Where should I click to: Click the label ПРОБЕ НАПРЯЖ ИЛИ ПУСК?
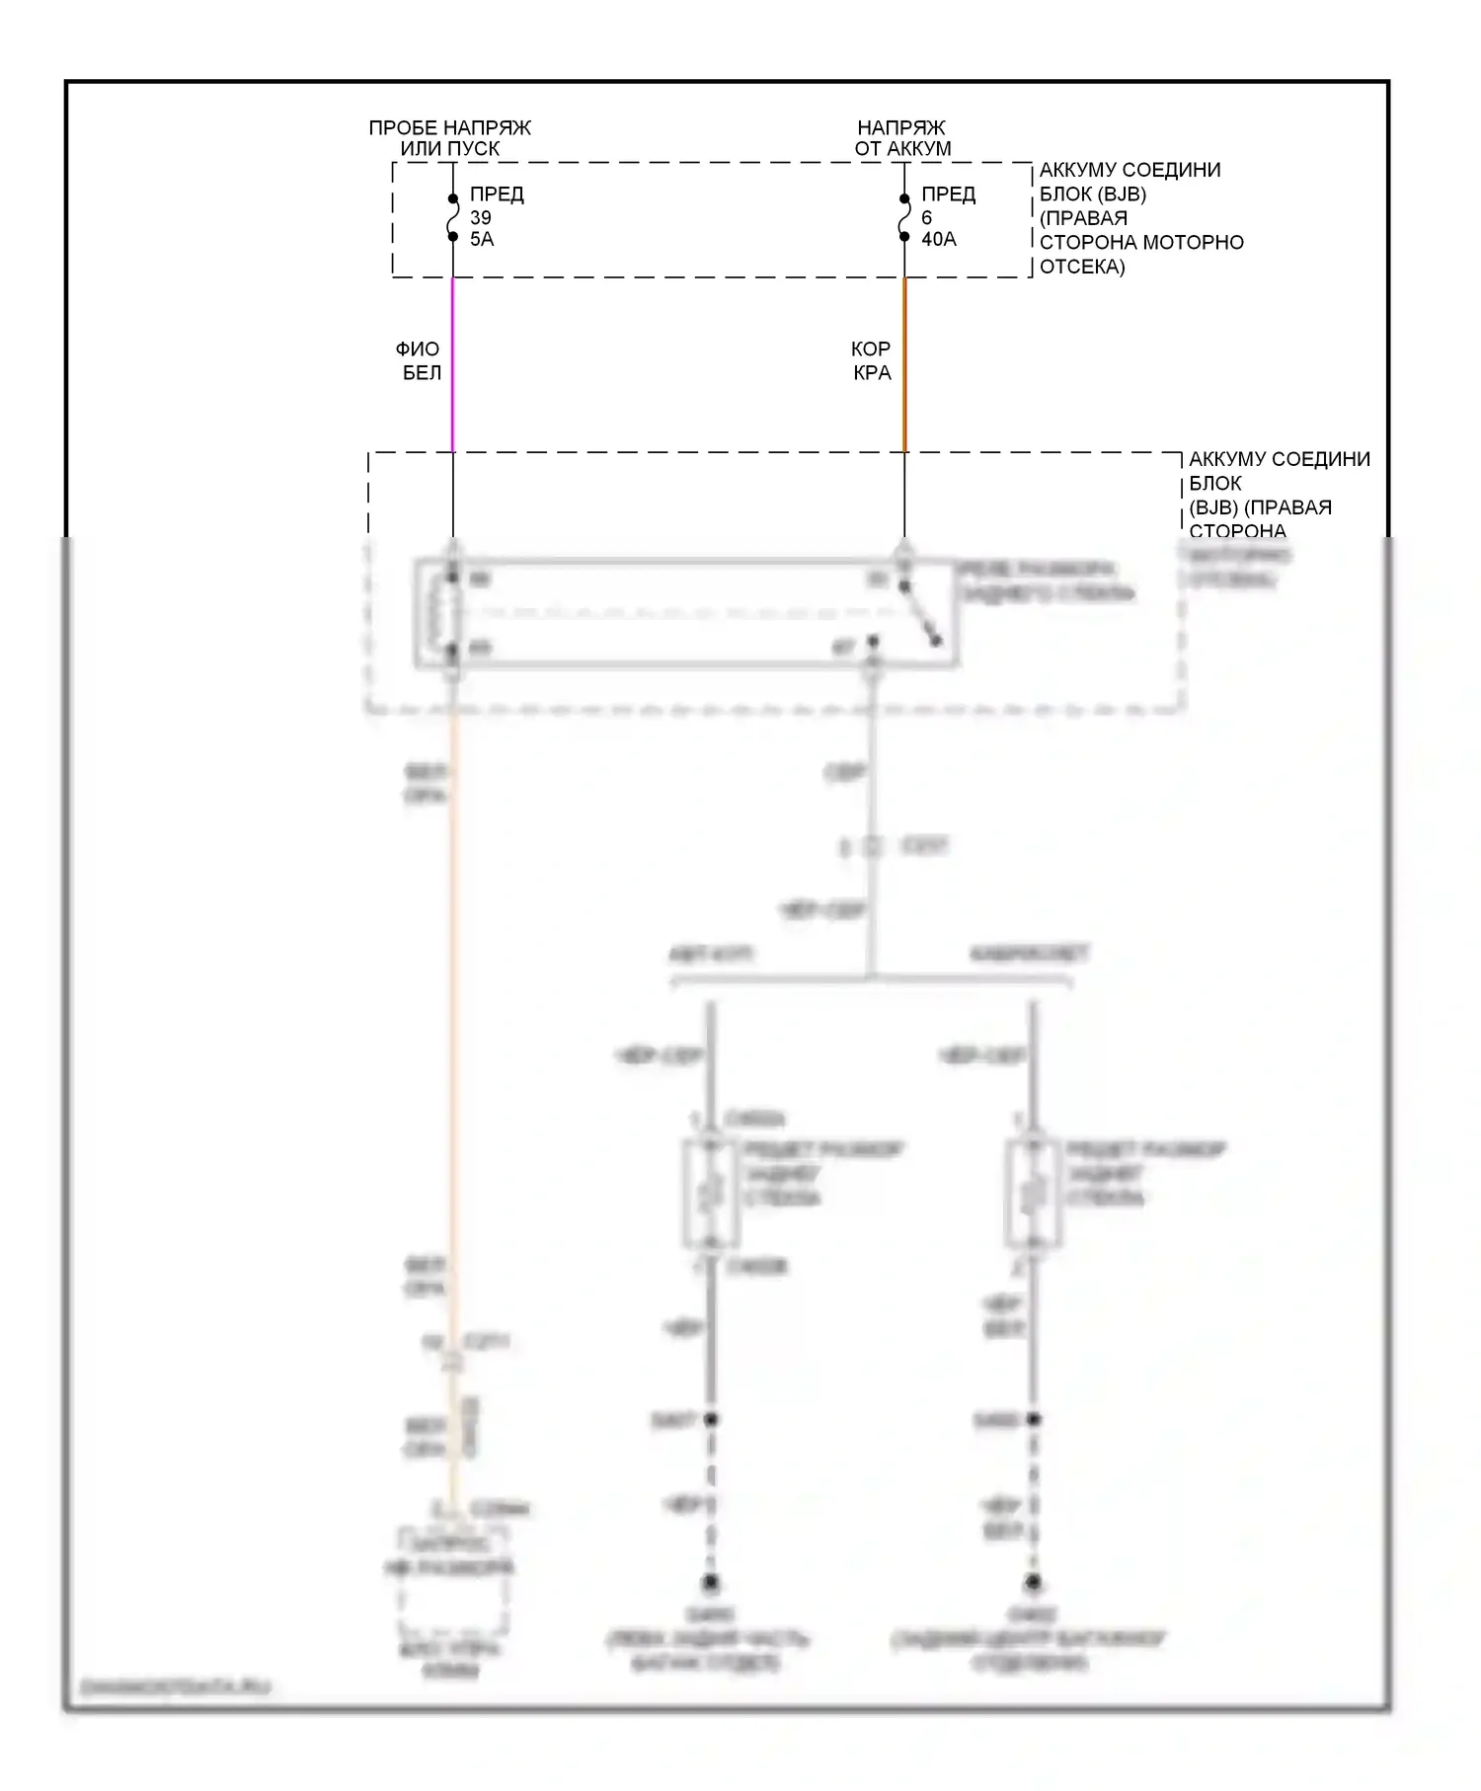point(449,138)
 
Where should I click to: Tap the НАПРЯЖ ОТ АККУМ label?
point(902,138)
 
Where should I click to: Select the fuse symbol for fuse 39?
point(453,218)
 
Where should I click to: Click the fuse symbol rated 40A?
point(904,218)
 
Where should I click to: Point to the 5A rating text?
point(482,240)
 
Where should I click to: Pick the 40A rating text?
point(939,240)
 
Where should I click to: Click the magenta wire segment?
point(453,365)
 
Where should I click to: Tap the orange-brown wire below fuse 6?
point(904,365)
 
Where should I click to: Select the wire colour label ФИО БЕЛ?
point(420,360)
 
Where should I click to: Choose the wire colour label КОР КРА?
point(872,360)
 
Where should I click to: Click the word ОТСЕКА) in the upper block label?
point(1082,267)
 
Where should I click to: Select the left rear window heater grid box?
point(710,1194)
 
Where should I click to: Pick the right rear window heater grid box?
point(1033,1194)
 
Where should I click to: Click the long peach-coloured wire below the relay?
point(453,1037)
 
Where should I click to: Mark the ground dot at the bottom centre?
point(710,1583)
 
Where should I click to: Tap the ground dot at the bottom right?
point(1033,1583)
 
